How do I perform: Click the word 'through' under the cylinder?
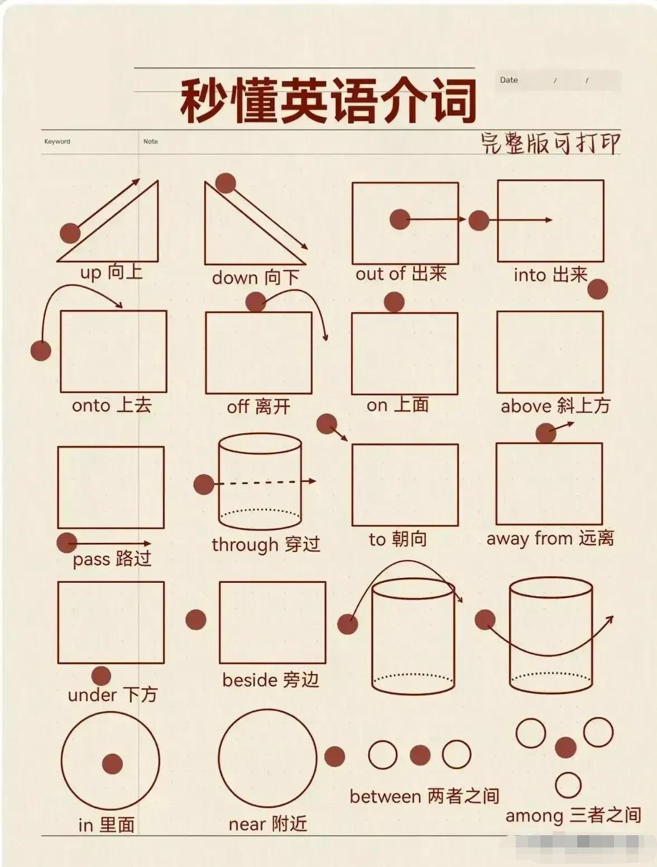pyautogui.click(x=245, y=545)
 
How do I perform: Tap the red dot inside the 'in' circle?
pyautogui.click(x=113, y=764)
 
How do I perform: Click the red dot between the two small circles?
pyautogui.click(x=420, y=755)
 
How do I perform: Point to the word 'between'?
pyautogui.click(x=385, y=797)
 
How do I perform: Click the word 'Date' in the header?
pyautogui.click(x=509, y=80)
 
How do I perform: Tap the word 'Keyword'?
pyautogui.click(x=57, y=141)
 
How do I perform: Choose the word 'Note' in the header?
pyautogui.click(x=150, y=141)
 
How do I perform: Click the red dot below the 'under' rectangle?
pyautogui.click(x=101, y=676)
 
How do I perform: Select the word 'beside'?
pyautogui.click(x=250, y=680)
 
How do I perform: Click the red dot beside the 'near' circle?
pyautogui.click(x=334, y=756)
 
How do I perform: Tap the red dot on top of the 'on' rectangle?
pyautogui.click(x=394, y=302)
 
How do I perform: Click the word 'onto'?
pyautogui.click(x=91, y=406)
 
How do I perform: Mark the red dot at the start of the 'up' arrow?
pyautogui.click(x=70, y=233)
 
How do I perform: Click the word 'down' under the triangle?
pyautogui.click(x=235, y=277)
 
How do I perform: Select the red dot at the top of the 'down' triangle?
pyautogui.click(x=226, y=183)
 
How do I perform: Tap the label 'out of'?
pyautogui.click(x=380, y=274)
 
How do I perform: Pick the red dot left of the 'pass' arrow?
pyautogui.click(x=67, y=543)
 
